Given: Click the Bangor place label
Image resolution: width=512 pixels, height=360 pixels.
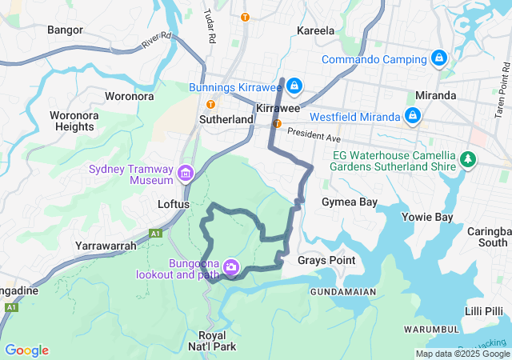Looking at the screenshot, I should pos(65,30).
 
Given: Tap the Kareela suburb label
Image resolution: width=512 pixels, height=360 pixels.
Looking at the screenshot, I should pos(315,30).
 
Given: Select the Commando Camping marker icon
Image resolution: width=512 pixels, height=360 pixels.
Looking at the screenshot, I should pos(438,59).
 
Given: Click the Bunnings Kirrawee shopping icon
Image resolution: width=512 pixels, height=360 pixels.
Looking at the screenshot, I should pos(294,86).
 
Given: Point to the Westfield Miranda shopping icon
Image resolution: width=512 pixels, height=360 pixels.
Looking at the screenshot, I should pos(411,116).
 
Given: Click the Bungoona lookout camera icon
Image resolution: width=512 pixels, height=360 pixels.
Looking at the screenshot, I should pos(231,266).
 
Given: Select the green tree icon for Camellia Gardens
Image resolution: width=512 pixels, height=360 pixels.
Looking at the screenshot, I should pos(468,161).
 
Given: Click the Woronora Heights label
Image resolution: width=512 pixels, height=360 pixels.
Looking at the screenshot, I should pos(72,121).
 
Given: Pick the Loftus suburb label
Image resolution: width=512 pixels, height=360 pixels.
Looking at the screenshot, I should pos(173,204).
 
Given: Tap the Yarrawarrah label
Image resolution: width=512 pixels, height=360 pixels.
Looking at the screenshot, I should pos(106,246).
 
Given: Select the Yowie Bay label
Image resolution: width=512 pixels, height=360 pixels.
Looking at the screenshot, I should pos(431,217).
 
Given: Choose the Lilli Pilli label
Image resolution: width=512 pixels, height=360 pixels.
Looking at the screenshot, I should pos(484,310).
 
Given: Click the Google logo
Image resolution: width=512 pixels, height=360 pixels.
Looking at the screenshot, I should pos(26,350).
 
